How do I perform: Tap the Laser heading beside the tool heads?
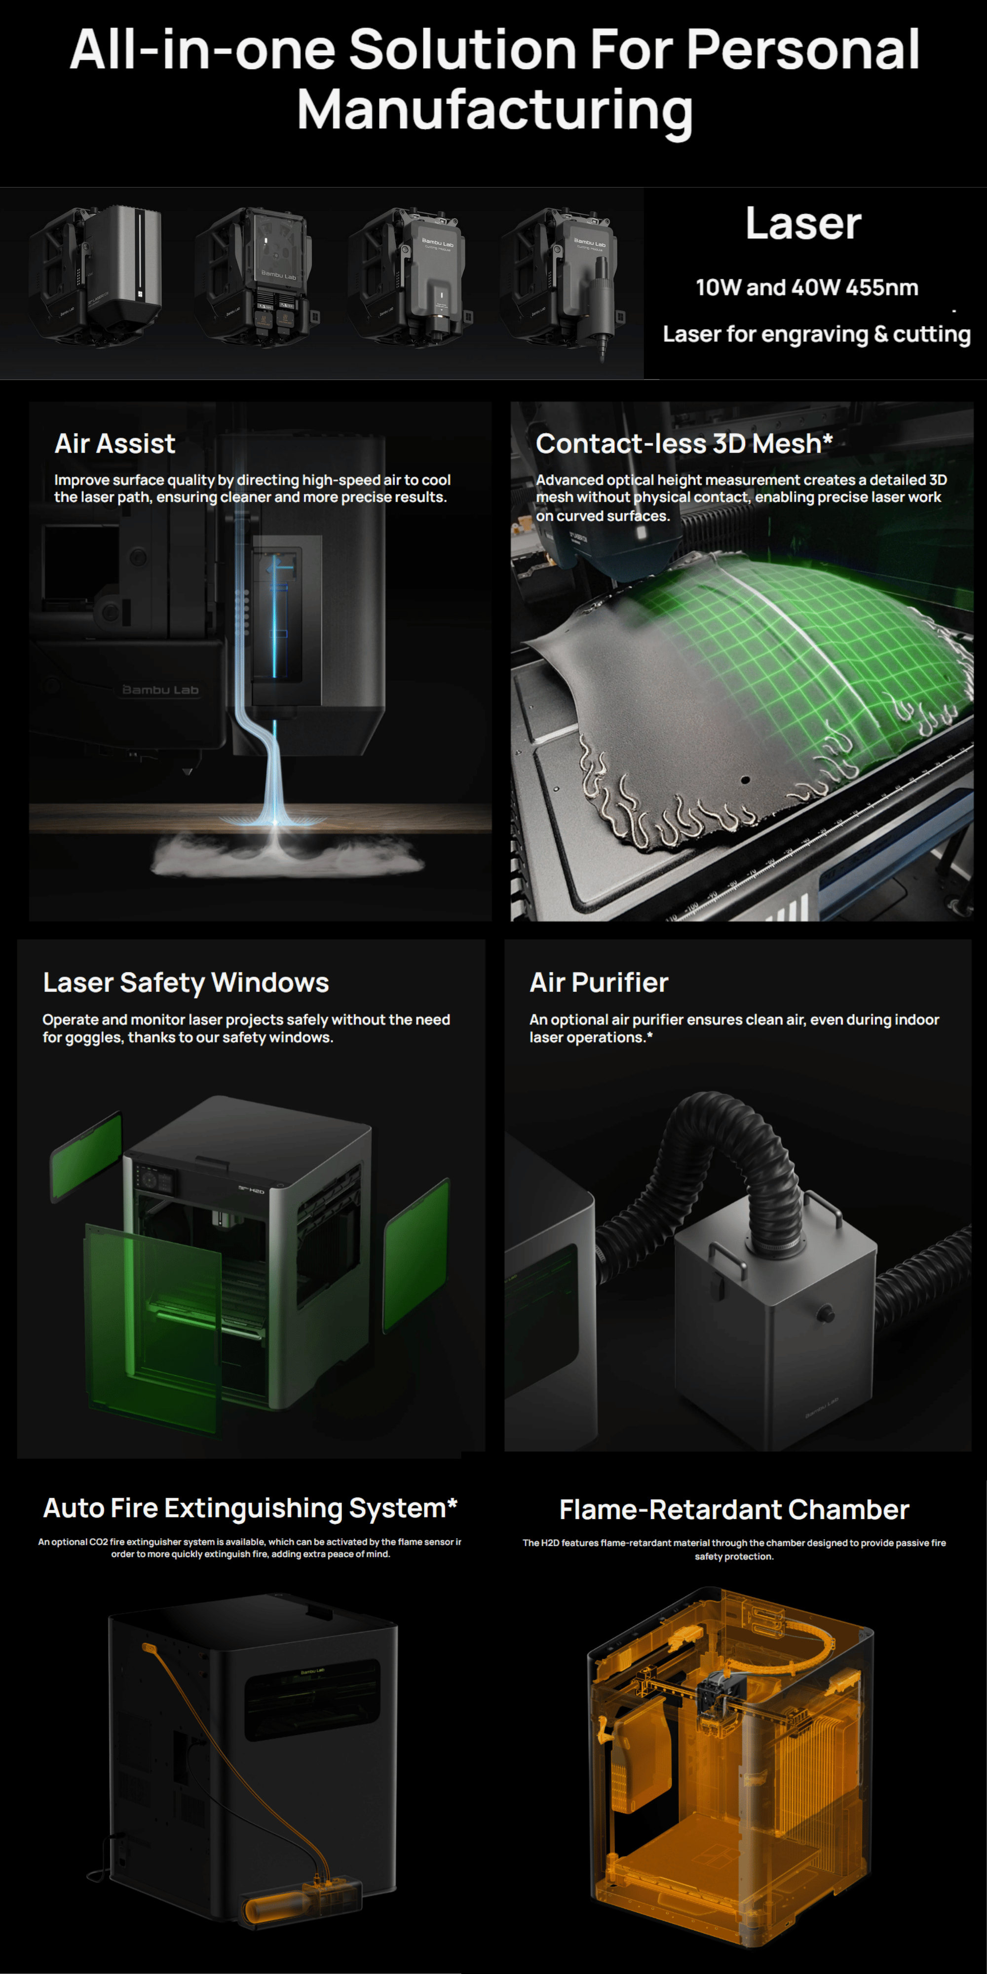coord(803,224)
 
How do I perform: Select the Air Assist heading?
coord(115,444)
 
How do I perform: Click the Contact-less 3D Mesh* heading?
coord(683,444)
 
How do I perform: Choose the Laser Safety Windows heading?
coord(186,983)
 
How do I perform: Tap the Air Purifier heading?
coord(599,983)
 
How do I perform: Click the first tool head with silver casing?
coord(96,272)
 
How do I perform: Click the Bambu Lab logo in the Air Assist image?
coord(160,690)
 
